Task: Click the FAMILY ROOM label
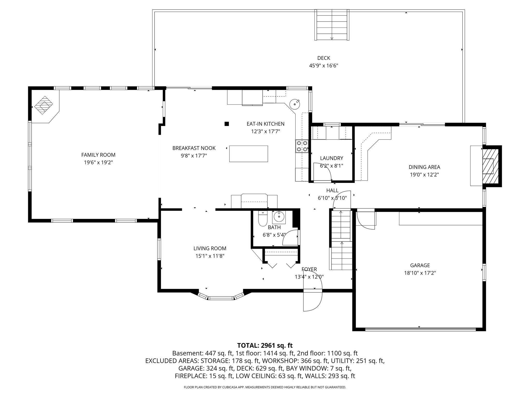98,155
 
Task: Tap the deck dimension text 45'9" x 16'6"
323,66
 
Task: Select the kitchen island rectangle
248,154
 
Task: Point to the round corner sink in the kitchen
295,104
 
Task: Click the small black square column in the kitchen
227,124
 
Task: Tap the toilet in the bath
263,219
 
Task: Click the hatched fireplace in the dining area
489,166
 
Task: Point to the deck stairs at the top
332,25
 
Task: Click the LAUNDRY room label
332,158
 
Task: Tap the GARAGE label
420,265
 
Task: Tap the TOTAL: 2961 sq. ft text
265,345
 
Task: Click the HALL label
332,191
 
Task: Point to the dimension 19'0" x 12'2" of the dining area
424,175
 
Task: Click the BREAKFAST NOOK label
194,148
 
